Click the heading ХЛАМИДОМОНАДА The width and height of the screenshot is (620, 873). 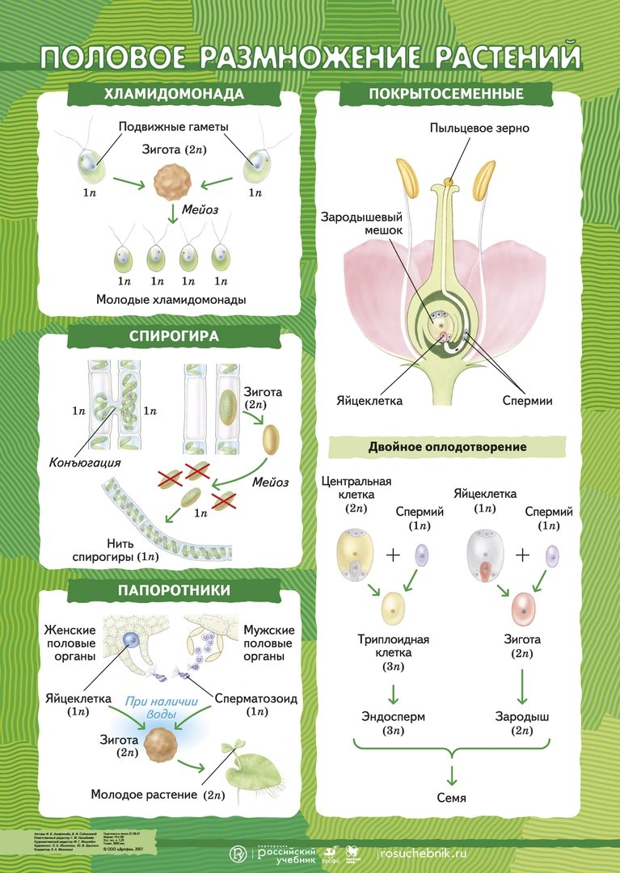(x=174, y=94)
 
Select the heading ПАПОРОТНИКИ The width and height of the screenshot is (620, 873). (x=174, y=590)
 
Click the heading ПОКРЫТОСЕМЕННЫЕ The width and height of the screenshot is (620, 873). (x=446, y=94)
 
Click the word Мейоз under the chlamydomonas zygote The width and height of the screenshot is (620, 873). (x=200, y=209)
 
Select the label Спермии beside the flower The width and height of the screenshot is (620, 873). (x=527, y=401)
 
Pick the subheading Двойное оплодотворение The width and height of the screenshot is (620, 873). (x=447, y=446)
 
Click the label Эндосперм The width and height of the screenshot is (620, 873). (x=393, y=716)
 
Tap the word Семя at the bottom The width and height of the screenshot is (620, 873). (x=453, y=798)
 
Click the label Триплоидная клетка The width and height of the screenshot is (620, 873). (x=393, y=646)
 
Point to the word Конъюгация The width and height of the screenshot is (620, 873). (x=85, y=463)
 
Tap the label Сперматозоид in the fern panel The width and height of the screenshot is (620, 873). (x=256, y=698)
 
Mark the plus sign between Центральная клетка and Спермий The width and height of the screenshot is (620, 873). (x=393, y=555)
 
